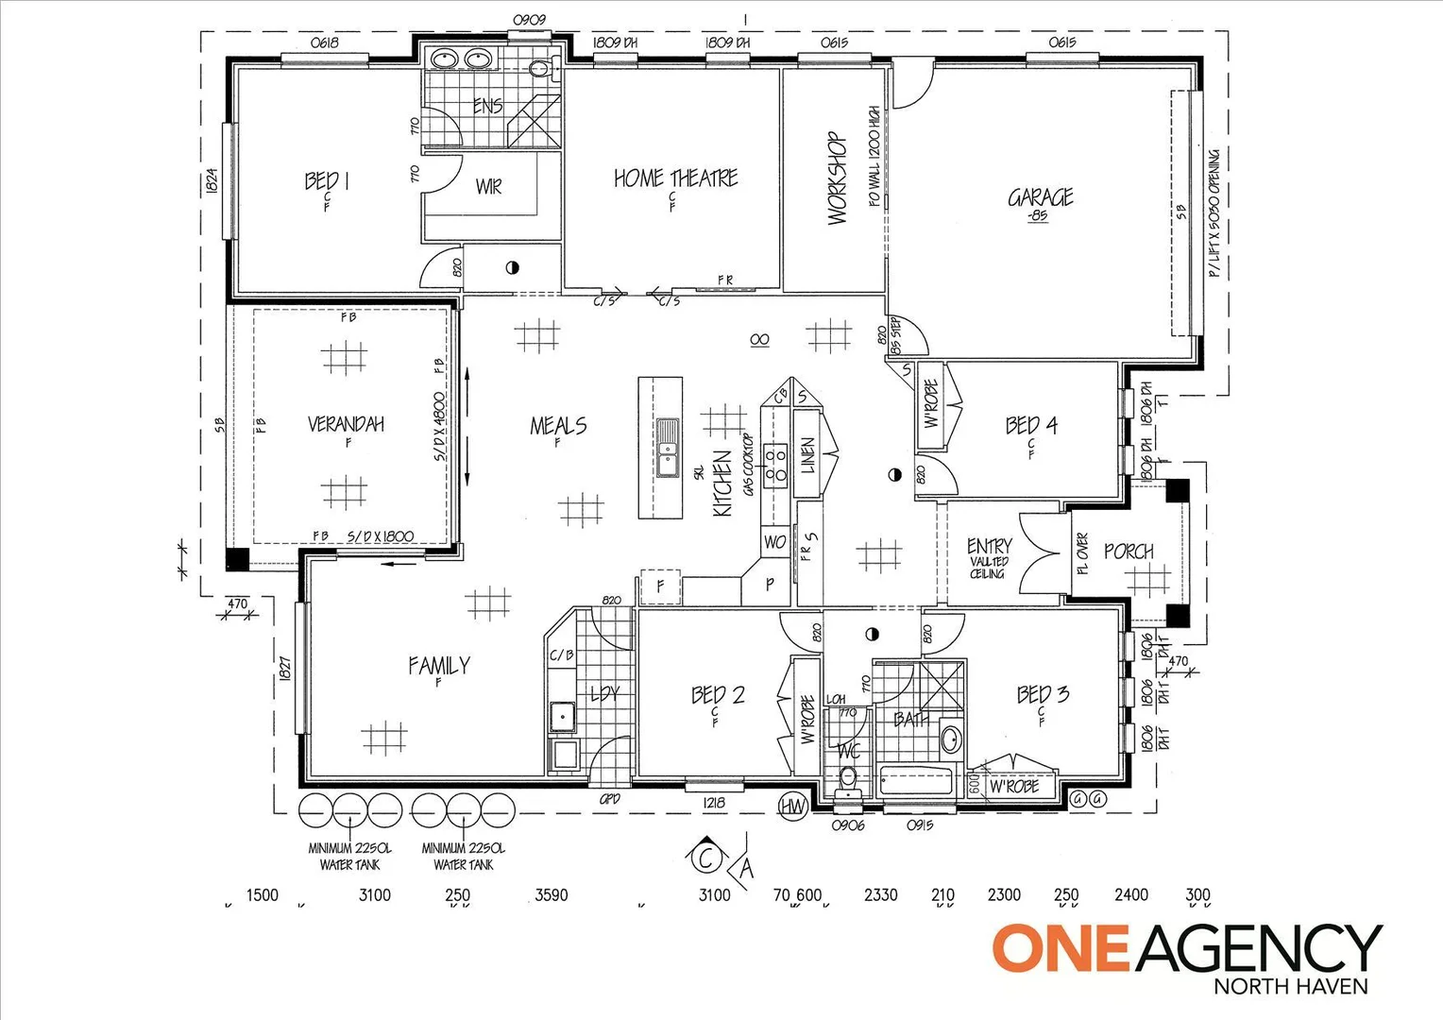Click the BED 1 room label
(327, 180)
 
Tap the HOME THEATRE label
(675, 178)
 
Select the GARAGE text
(1040, 197)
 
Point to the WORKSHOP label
(837, 178)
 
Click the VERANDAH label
(346, 424)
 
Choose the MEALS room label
(558, 426)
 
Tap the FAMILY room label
(438, 666)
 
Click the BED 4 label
(1031, 426)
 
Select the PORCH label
(1129, 552)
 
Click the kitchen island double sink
(668, 448)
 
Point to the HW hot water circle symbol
(792, 806)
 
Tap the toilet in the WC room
(848, 780)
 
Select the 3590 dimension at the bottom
(552, 894)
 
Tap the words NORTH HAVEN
(1290, 987)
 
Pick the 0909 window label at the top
(529, 20)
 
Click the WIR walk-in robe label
(488, 187)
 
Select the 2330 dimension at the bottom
(880, 894)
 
